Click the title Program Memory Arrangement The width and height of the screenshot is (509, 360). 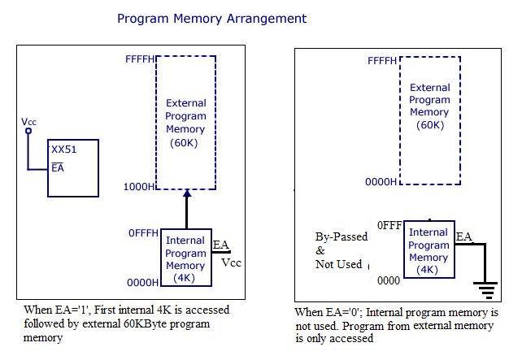pyautogui.click(x=212, y=18)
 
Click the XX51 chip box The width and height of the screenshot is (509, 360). pyautogui.click(x=73, y=168)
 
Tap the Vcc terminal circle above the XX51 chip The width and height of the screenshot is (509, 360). pyautogui.click(x=28, y=130)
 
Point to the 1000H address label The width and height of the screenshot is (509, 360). pyautogui.click(x=140, y=186)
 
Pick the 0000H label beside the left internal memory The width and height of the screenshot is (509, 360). pyautogui.click(x=142, y=282)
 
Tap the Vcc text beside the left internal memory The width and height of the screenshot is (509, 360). pyautogui.click(x=231, y=262)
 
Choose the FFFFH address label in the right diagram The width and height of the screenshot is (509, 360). pyautogui.click(x=383, y=61)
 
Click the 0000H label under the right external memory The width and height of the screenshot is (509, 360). pyautogui.click(x=381, y=180)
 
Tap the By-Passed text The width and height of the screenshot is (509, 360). pyautogui.click(x=341, y=236)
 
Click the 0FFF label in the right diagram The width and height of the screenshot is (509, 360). pyautogui.click(x=388, y=225)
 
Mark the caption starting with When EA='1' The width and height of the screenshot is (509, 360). pyautogui.click(x=126, y=323)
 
